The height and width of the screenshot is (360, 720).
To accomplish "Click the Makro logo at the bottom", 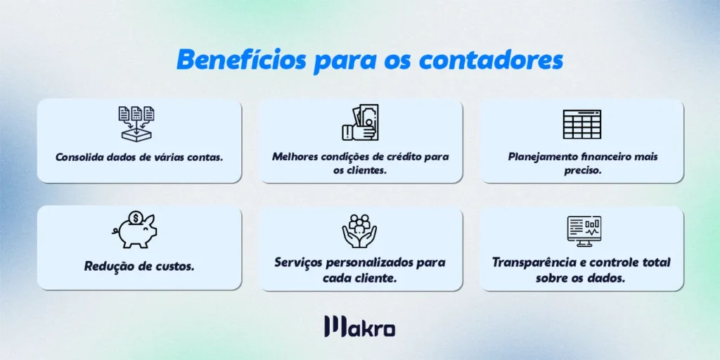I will pyautogui.click(x=359, y=327).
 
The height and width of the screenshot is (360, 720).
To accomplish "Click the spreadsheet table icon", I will pyautogui.click(x=581, y=124).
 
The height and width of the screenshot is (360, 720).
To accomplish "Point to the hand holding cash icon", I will pyautogui.click(x=360, y=124).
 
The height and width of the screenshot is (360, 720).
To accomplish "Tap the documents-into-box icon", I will pyautogui.click(x=136, y=124).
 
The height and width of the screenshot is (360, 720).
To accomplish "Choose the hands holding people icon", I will pyautogui.click(x=359, y=230).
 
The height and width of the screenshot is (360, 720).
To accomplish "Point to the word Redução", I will pyautogui.click(x=108, y=267).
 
